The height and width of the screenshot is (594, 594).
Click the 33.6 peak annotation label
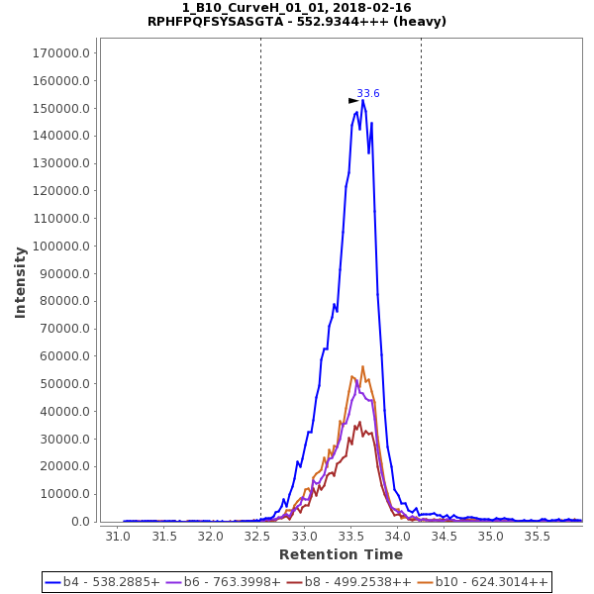[368, 94]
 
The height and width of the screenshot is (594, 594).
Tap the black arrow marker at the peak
[353, 101]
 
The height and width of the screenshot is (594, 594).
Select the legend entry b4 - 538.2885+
[103, 582]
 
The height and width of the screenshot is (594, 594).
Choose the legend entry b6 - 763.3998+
[224, 582]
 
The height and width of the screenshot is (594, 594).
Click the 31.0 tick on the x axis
[118, 537]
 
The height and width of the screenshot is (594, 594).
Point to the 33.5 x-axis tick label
[351, 537]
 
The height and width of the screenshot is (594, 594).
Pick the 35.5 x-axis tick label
[538, 537]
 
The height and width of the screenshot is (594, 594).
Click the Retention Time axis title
[341, 554]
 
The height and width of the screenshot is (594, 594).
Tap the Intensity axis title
[21, 282]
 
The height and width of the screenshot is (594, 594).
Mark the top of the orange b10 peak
[362, 366]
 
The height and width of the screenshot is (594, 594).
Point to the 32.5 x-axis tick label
[258, 537]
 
